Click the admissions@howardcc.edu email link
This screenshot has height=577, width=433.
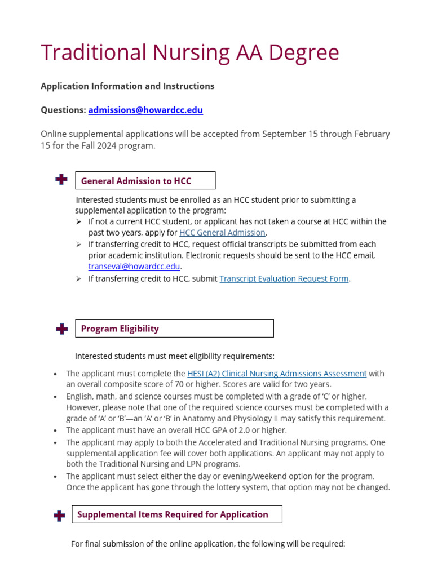[x=145, y=110]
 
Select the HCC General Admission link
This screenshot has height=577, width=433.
[x=222, y=233]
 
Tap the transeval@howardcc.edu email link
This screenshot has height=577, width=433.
[x=134, y=267]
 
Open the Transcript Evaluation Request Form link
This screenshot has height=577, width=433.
[x=284, y=278]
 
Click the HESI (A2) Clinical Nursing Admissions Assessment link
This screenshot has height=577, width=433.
[x=277, y=374]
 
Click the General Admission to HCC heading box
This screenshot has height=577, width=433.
[x=145, y=181]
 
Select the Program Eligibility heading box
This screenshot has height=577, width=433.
[x=174, y=329]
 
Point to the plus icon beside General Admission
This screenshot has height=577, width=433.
[x=61, y=180]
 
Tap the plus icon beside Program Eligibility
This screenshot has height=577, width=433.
[x=62, y=329]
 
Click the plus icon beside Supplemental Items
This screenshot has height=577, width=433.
[x=59, y=515]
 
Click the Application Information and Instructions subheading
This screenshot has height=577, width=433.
[x=127, y=86]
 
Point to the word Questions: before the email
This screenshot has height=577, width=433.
[x=63, y=110]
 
